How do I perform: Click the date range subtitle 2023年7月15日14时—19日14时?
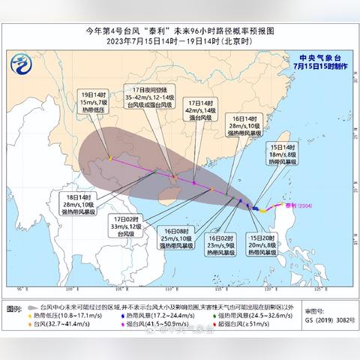(180, 43)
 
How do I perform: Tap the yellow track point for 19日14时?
(110, 158)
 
